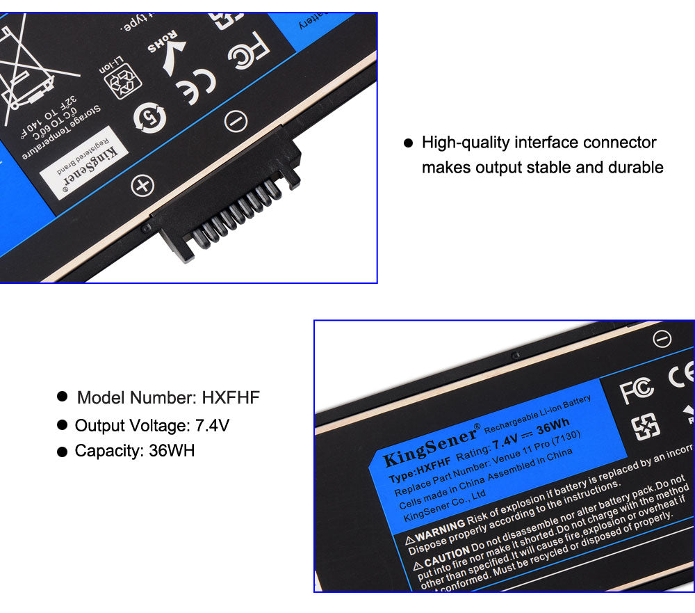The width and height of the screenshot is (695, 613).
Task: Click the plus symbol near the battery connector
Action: (x=142, y=186)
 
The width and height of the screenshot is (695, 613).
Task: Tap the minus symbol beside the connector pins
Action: (x=236, y=121)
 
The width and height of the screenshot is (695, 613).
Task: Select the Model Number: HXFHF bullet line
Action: (x=167, y=398)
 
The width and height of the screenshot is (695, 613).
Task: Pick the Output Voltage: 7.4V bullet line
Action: (x=152, y=425)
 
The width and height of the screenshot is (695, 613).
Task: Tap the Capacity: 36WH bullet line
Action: (x=134, y=451)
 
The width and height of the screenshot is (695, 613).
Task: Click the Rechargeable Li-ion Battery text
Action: (x=537, y=411)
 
